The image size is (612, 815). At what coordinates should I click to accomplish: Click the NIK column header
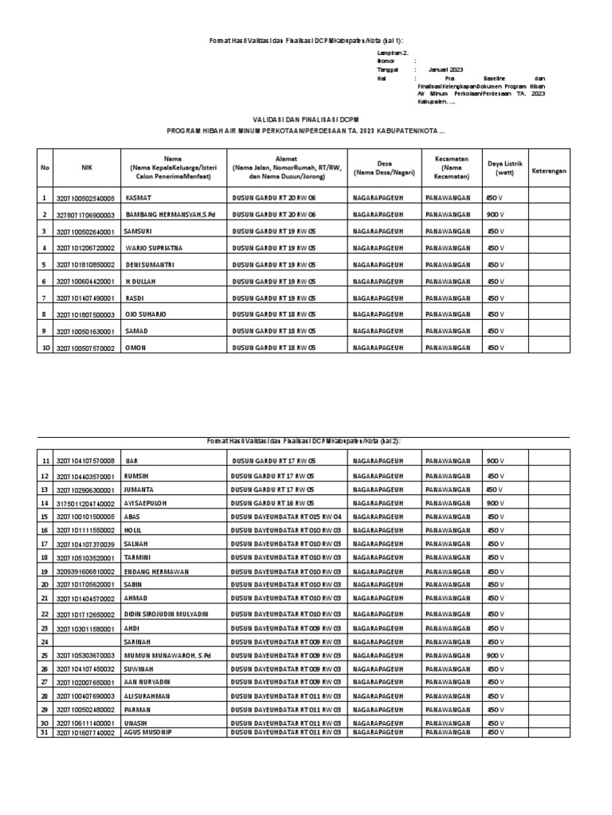[87, 168]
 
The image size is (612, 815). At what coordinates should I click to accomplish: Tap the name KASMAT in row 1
[139, 198]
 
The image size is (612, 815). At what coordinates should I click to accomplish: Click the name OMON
[136, 348]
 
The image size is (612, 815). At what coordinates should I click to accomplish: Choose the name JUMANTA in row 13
[139, 489]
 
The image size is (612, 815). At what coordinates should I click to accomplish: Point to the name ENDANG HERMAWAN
[155, 571]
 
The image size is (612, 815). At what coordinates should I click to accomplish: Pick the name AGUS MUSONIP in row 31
[149, 731]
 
